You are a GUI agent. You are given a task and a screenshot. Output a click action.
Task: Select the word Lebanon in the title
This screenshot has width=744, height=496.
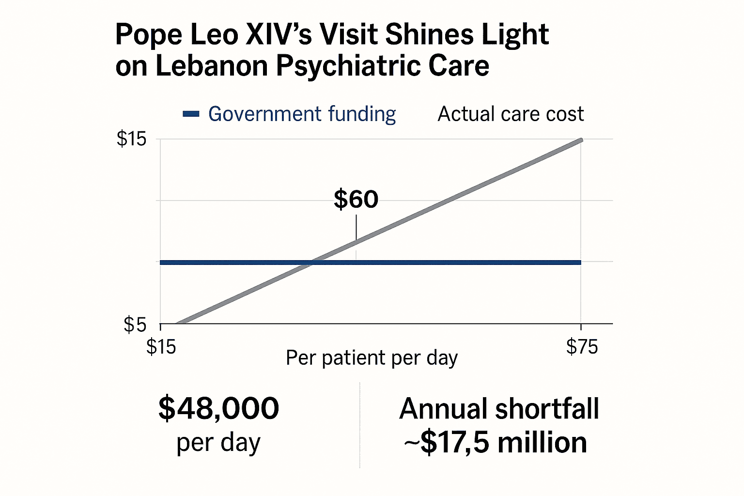[211, 66]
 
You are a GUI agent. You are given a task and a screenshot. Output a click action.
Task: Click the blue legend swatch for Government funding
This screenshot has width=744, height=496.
[191, 114]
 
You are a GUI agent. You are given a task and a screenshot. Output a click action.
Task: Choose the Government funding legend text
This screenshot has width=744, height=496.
[302, 114]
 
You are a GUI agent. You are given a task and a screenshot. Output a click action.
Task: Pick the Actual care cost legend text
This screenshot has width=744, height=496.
[511, 114]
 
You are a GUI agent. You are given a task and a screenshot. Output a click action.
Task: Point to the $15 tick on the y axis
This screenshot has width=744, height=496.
[131, 139]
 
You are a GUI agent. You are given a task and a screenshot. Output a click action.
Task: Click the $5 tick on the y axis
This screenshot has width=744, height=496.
[135, 324]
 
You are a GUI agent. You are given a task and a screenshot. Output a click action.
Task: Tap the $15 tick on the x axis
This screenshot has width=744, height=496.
[161, 347]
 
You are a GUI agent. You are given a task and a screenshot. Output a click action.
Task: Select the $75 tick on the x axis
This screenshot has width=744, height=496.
[582, 347]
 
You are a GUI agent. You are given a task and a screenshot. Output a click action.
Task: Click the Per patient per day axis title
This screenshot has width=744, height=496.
[372, 358]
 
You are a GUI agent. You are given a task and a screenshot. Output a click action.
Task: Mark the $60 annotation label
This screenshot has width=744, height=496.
[356, 200]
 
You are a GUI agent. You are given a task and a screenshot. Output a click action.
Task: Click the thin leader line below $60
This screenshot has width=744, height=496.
[356, 227]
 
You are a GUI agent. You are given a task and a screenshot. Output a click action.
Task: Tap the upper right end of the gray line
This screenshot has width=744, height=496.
[580, 140]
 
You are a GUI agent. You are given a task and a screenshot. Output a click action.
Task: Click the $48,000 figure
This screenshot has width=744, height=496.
[218, 408]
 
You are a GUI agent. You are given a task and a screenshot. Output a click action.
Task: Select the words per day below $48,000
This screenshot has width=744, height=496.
[218, 443]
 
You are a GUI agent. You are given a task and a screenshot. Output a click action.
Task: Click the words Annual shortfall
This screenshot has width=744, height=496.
[499, 409]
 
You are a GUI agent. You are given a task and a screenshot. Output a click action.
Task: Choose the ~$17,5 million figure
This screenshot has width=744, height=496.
[496, 443]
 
